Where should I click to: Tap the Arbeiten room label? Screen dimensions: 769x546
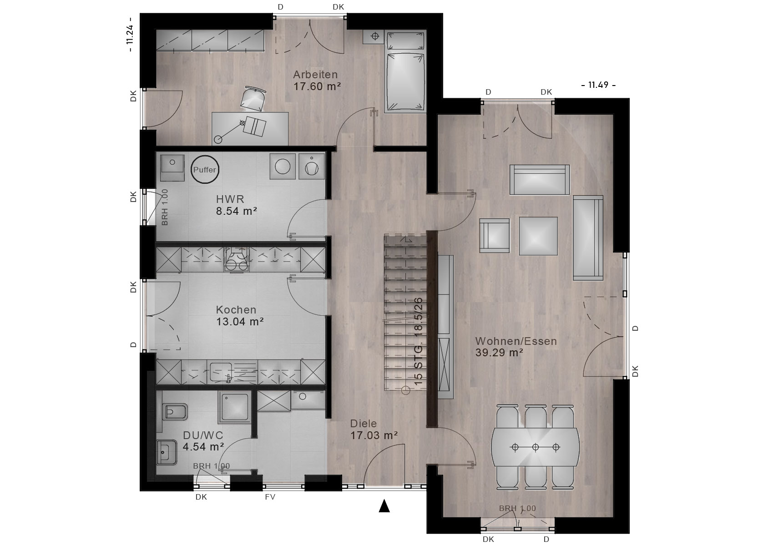(315, 75)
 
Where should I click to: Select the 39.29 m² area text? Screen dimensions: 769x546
(499, 353)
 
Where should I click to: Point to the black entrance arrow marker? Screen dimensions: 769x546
(384, 506)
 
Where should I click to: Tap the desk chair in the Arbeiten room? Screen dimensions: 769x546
(253, 99)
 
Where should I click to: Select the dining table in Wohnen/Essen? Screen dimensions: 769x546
(535, 447)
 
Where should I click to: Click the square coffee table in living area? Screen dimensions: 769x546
(538, 236)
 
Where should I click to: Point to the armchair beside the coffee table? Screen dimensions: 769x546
(494, 235)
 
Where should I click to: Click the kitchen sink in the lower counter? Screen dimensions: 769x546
(221, 373)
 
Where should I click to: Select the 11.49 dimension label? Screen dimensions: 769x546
(598, 85)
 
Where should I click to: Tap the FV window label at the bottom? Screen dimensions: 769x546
(270, 497)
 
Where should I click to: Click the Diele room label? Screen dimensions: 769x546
(364, 424)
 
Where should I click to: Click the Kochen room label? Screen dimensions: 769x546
(236, 310)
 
